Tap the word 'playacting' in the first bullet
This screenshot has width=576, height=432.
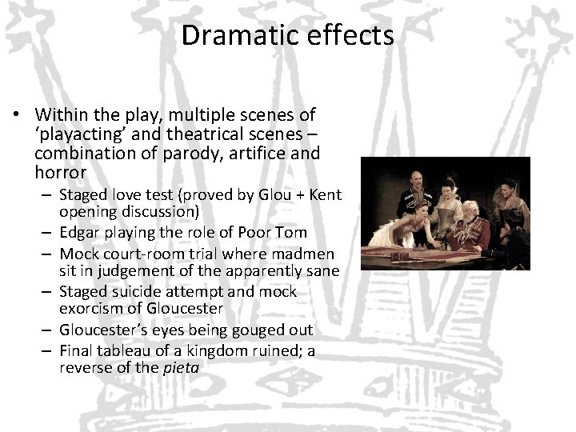coord(82,134)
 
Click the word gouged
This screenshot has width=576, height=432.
coord(229,330)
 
